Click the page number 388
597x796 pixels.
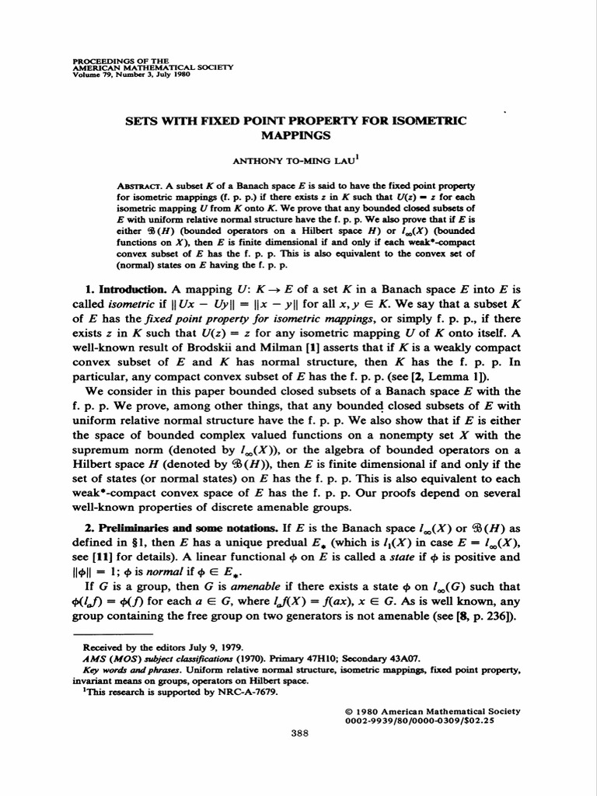(299, 731)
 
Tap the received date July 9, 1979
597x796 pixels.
(210, 646)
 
